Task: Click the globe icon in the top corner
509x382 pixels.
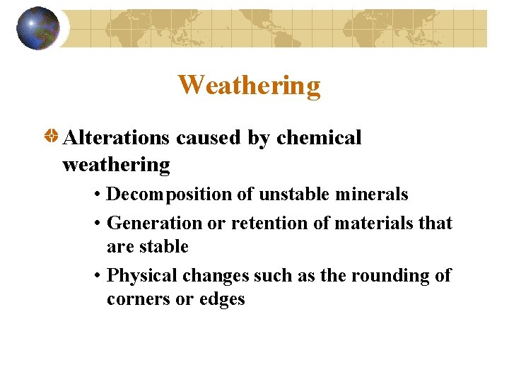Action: [38, 28]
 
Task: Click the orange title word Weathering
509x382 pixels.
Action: [249, 85]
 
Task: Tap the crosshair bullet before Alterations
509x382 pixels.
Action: [52, 137]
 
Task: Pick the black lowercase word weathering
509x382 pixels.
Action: [116, 165]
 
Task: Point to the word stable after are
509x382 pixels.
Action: [163, 247]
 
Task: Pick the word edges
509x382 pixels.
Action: [221, 299]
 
